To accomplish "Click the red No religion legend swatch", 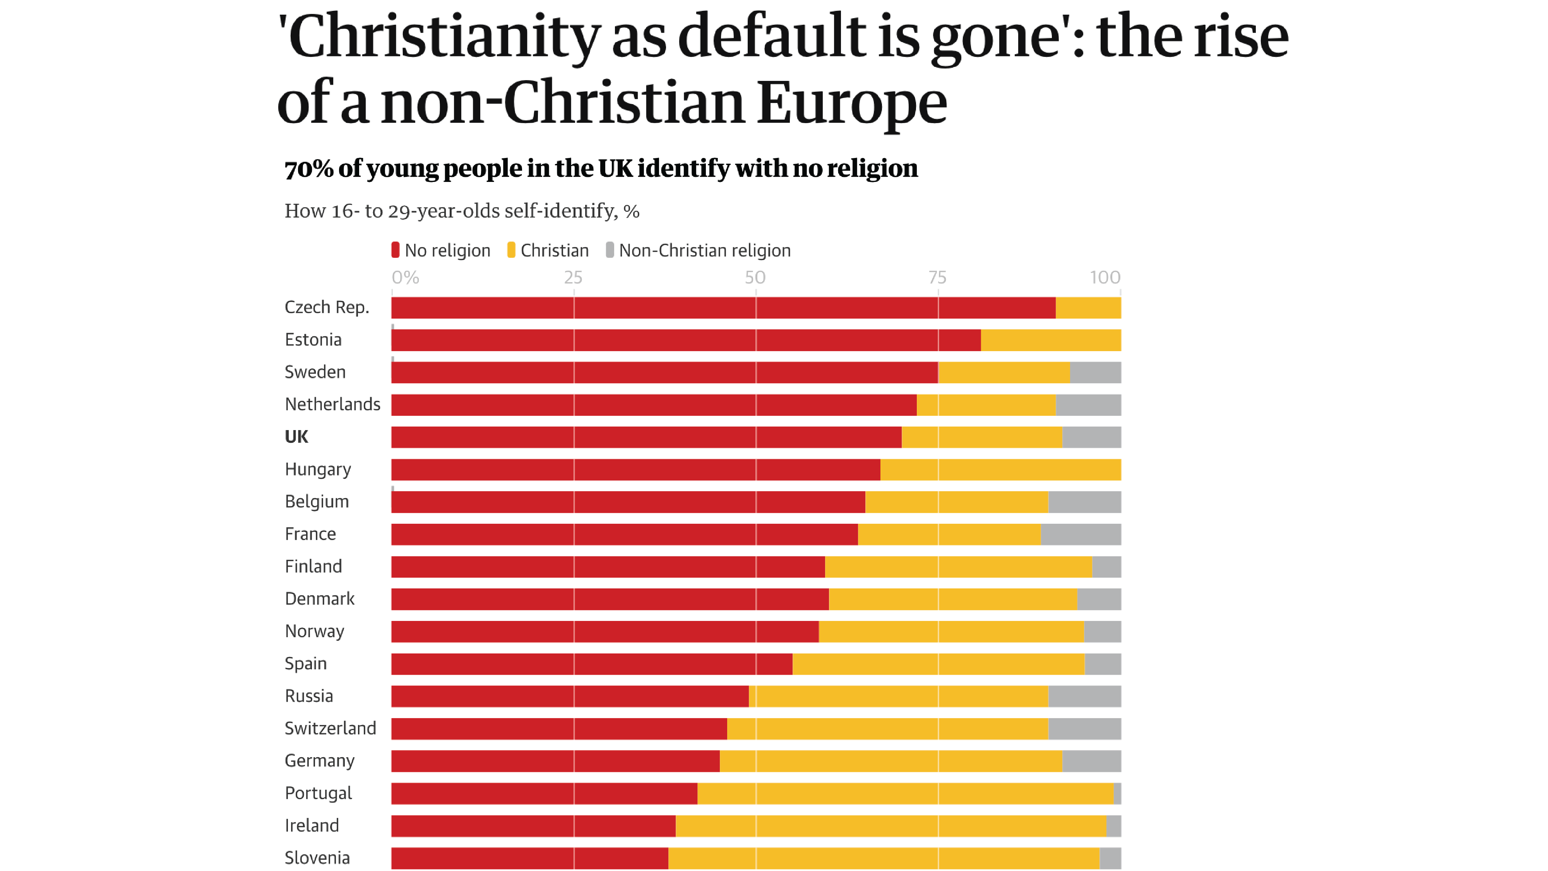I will pyautogui.click(x=396, y=250).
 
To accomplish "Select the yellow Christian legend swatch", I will pyautogui.click(x=511, y=250).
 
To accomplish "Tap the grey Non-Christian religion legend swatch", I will pyautogui.click(x=610, y=250).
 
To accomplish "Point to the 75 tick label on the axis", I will pyautogui.click(x=937, y=277).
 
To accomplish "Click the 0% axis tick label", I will pyautogui.click(x=406, y=277).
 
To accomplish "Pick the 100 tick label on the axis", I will pyautogui.click(x=1104, y=277).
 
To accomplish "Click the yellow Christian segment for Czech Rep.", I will pyautogui.click(x=1088, y=308).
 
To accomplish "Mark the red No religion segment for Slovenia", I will pyautogui.click(x=529, y=858).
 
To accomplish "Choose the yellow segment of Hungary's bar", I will pyautogui.click(x=1000, y=470).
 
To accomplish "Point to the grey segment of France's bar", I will pyautogui.click(x=1081, y=534).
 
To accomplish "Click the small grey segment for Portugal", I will pyautogui.click(x=1117, y=794).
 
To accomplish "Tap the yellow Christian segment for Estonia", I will pyautogui.click(x=1050, y=340).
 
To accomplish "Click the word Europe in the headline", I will pyautogui.click(x=851, y=102).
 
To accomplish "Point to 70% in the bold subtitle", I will pyautogui.click(x=309, y=168).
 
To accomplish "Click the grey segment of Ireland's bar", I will pyautogui.click(x=1113, y=826).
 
